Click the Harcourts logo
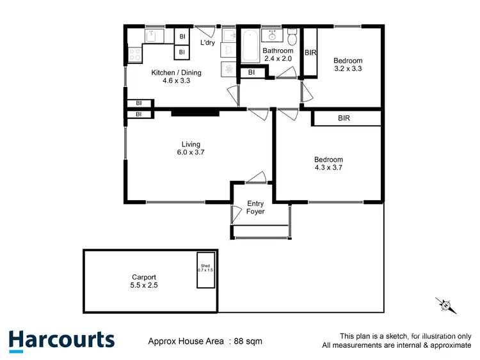(61, 340)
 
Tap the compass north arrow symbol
(445, 305)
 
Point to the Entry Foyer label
(255, 208)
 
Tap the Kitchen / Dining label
(171, 77)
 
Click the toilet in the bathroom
(292, 33)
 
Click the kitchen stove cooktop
(135, 55)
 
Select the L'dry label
(207, 43)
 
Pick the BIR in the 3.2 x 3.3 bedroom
(310, 52)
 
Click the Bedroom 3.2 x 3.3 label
(348, 65)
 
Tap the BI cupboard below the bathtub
(252, 73)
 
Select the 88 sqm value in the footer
(248, 341)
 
